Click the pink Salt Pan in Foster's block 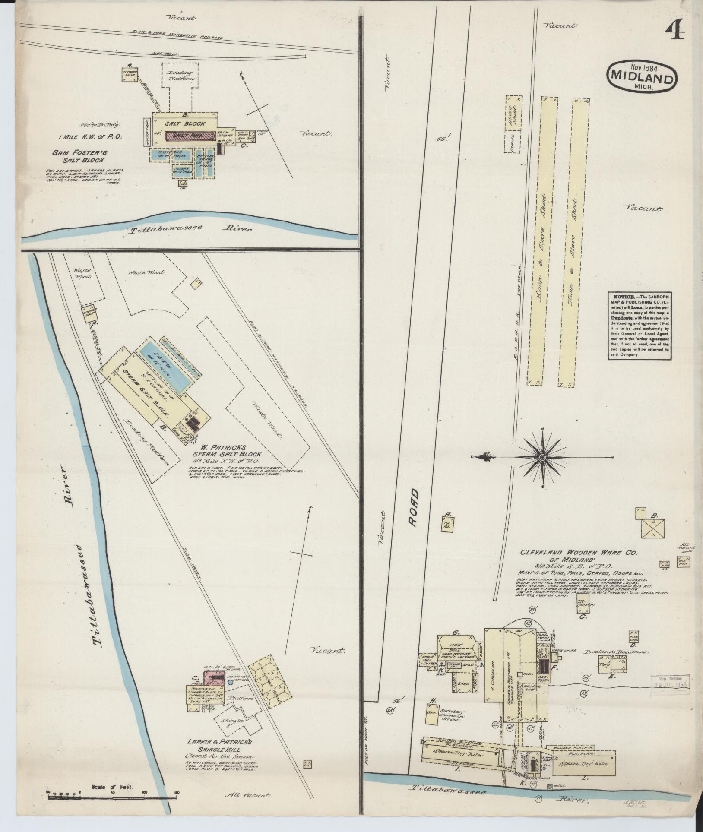coord(190,136)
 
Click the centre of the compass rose coord(542,457)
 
